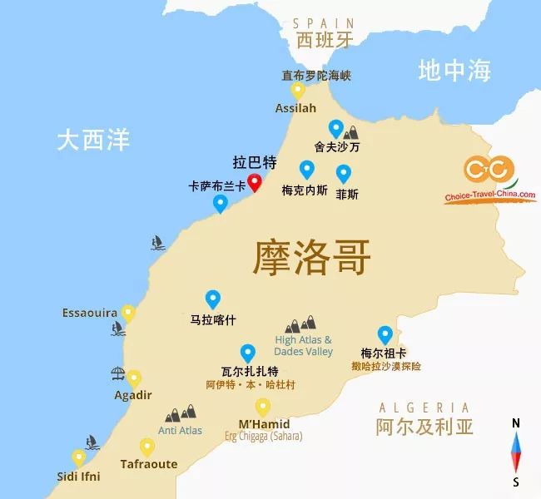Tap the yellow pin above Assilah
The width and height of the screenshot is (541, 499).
[298, 90]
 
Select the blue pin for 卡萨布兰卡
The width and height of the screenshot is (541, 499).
[221, 203]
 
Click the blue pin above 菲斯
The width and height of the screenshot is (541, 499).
[344, 174]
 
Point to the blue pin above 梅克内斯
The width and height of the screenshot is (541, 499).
[306, 170]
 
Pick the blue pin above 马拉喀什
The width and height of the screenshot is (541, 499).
[212, 299]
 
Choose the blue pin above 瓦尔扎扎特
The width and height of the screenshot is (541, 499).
[247, 353]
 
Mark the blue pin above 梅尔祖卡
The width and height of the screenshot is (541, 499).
[385, 334]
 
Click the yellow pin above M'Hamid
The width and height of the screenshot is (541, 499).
[263, 407]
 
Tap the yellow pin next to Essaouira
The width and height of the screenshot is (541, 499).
[128, 313]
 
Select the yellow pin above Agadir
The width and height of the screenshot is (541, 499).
[134, 378]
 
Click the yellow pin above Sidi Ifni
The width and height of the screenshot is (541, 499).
[79, 457]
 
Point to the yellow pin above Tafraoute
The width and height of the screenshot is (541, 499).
[147, 447]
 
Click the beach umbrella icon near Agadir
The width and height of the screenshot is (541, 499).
[117, 374]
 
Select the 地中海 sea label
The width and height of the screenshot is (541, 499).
[454, 71]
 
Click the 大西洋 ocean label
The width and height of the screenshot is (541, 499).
[93, 139]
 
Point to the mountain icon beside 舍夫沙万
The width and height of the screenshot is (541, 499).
[352, 131]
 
